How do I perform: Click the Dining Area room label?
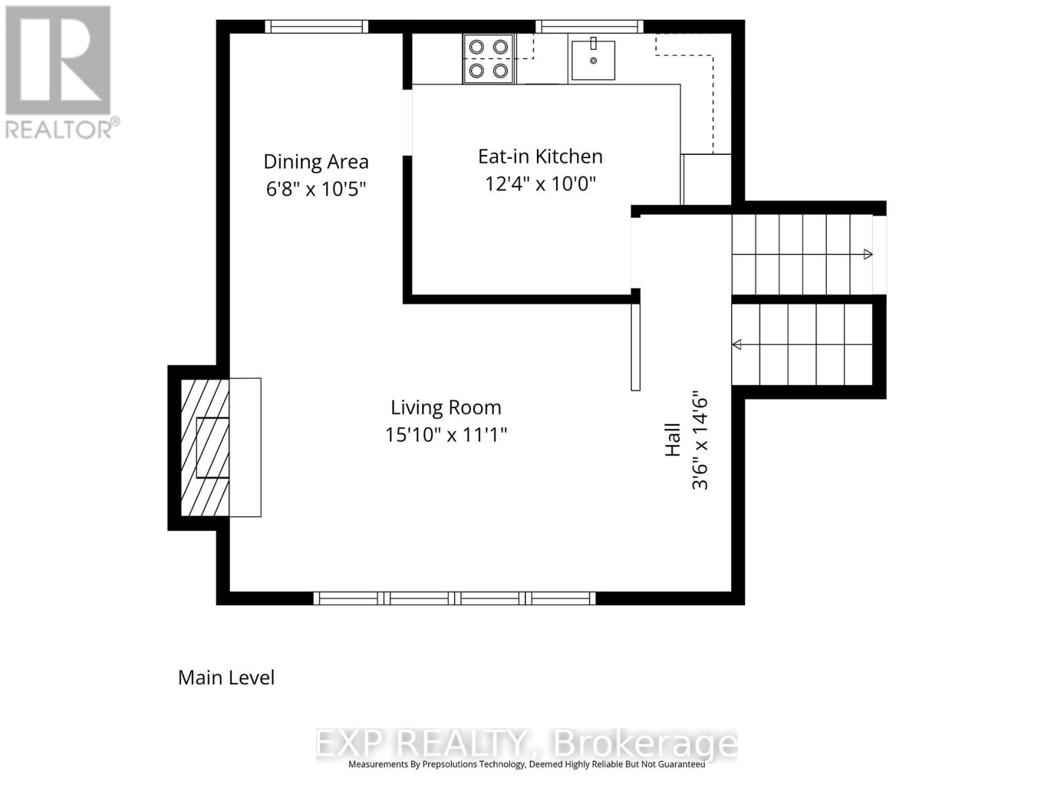point(316,161)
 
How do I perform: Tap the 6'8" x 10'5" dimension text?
point(316,189)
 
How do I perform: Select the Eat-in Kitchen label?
point(540,156)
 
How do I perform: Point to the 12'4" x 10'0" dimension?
point(540,183)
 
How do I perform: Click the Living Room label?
point(446,407)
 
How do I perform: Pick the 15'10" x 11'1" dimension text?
point(446,435)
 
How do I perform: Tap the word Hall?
point(673,440)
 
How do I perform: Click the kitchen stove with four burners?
point(488,59)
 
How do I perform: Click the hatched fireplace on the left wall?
point(205,448)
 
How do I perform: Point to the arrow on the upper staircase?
point(868,254)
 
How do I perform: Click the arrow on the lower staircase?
point(737,345)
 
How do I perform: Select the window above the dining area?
point(316,26)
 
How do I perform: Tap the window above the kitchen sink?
point(589,26)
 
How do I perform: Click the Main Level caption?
point(226,678)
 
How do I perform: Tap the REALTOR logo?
point(59,73)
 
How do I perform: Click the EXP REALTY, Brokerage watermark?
point(526,744)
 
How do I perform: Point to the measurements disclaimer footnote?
point(526,765)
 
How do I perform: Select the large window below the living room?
point(454,599)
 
